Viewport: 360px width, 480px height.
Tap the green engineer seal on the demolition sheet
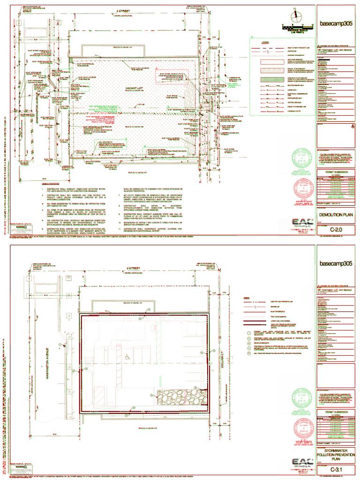click(x=302, y=158)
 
